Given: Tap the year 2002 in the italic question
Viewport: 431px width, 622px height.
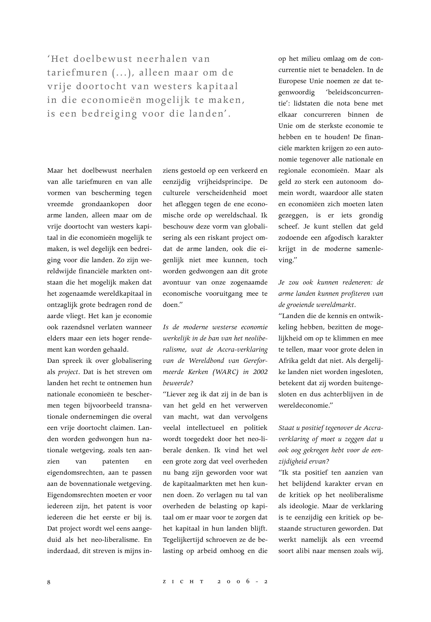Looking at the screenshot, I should pyautogui.click(x=260, y=372).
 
